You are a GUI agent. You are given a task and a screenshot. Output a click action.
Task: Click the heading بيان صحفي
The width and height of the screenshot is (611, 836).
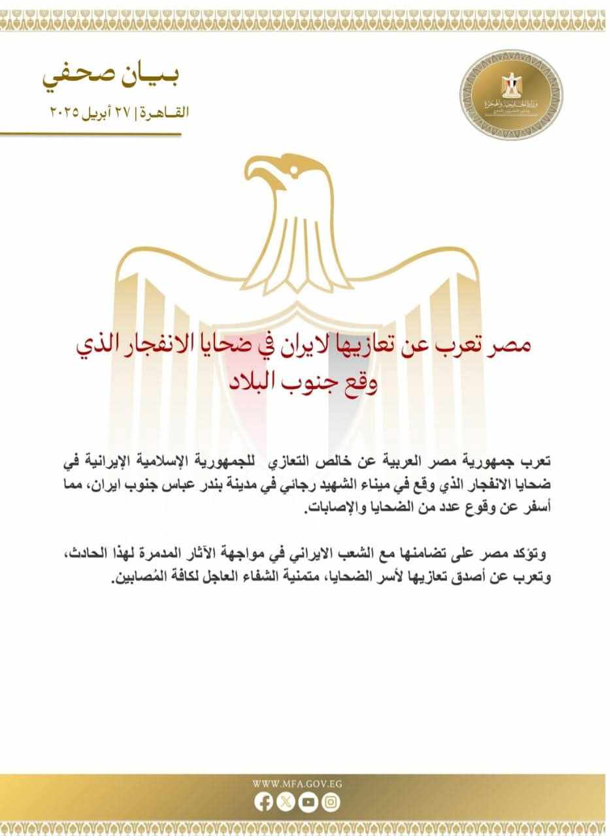click(110, 76)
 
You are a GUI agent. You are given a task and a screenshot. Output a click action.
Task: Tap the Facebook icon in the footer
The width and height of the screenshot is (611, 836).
click(263, 801)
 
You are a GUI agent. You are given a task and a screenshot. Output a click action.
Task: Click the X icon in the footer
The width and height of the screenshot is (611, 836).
click(286, 801)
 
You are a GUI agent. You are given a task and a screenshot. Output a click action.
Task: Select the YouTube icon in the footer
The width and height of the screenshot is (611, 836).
click(308, 801)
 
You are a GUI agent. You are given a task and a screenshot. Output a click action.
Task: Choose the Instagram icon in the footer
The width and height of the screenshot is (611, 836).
click(331, 801)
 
